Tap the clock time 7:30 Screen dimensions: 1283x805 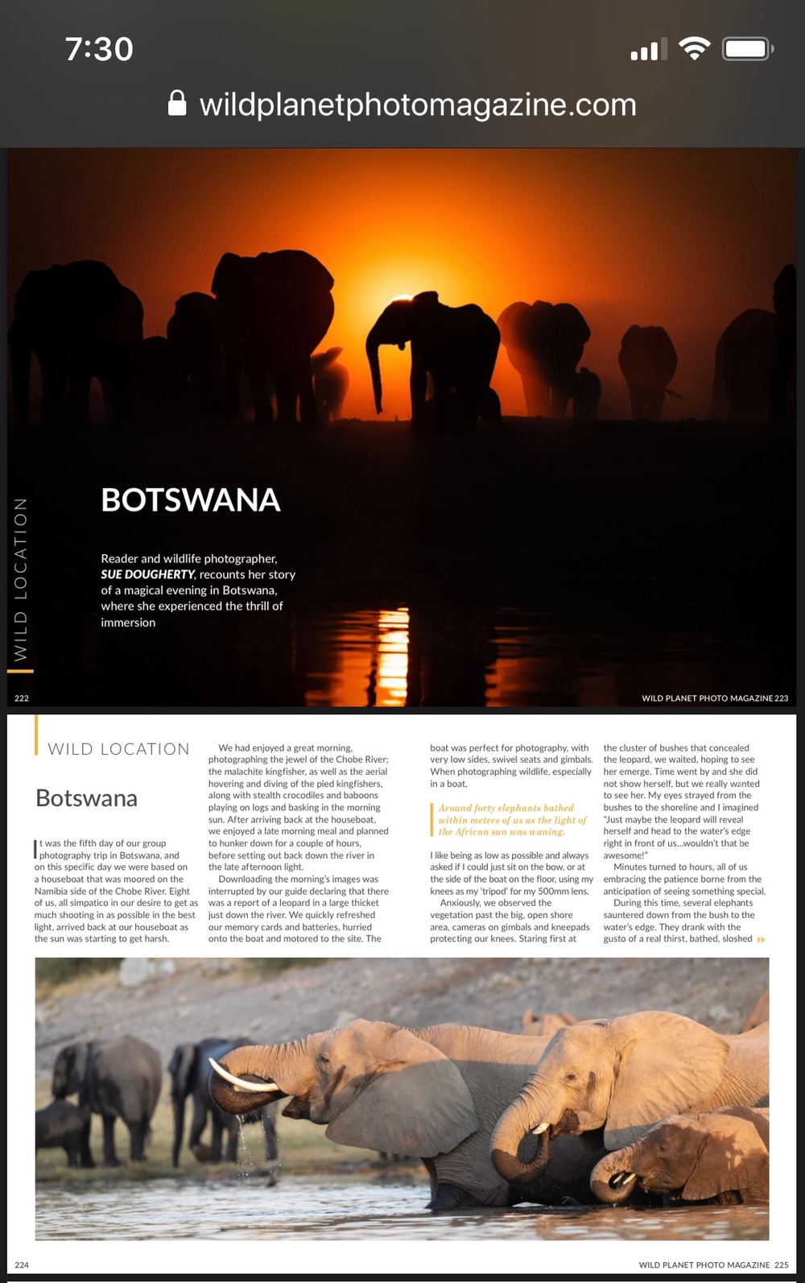point(99,49)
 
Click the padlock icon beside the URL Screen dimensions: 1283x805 point(177,103)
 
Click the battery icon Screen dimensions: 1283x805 point(748,49)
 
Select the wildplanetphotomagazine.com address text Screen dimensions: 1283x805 point(418,105)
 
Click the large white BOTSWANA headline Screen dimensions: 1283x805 point(191,500)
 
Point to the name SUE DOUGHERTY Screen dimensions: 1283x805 point(147,574)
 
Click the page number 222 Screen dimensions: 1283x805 point(22,698)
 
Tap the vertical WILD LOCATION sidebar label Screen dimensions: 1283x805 point(21,579)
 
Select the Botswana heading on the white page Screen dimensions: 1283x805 point(87,798)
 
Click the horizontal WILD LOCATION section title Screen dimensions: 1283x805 point(118,749)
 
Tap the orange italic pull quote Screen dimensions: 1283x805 point(512,819)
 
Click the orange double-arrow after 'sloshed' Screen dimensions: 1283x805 point(761,939)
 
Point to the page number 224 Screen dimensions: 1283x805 point(22,1265)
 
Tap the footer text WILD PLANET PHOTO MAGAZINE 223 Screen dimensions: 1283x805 point(714,698)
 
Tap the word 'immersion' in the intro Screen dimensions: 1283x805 point(128,623)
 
